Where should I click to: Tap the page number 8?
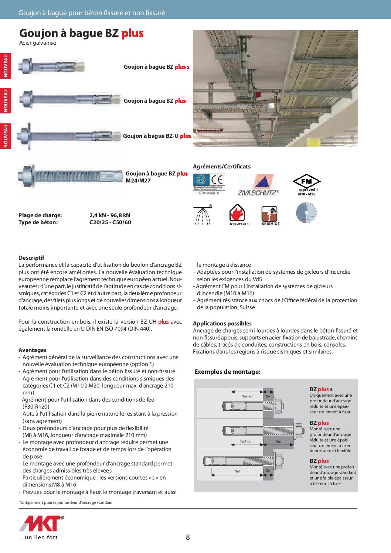point(188,537)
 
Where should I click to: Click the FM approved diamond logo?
point(306,181)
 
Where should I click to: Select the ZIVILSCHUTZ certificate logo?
point(257,185)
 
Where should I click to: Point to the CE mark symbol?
point(217,180)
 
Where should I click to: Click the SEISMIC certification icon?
point(269,214)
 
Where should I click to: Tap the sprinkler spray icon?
point(203,216)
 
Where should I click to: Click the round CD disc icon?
point(306,213)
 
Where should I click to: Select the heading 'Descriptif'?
point(31,258)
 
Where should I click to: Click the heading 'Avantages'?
point(33,350)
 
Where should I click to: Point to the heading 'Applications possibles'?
point(222,324)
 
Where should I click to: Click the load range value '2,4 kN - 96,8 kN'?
point(110,215)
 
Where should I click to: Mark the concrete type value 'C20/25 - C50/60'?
point(110,222)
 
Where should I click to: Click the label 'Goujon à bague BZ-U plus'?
point(157,136)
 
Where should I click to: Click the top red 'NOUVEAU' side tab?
point(6,66)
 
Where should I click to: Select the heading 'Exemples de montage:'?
point(227,372)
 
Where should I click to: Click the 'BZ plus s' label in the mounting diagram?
point(321,389)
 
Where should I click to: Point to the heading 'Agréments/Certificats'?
point(222,167)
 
